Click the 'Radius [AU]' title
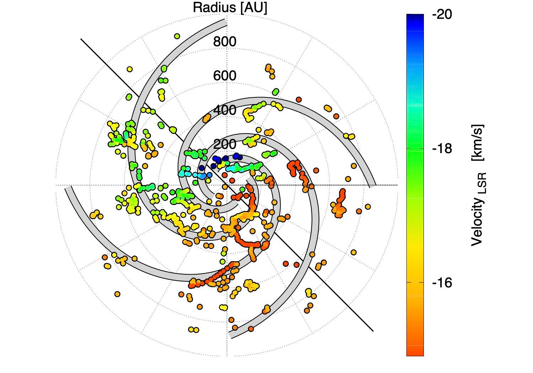pyautogui.click(x=230, y=8)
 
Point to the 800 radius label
pyautogui.click(x=225, y=42)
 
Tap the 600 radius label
pyautogui.click(x=225, y=76)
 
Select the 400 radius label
pyautogui.click(x=225, y=110)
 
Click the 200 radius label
pyautogui.click(x=225, y=145)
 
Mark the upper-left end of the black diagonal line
pyautogui.click(x=81, y=39)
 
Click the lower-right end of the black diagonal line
pyautogui.click(x=373, y=331)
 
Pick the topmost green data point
pyautogui.click(x=177, y=36)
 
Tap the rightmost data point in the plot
pyautogui.click(x=367, y=206)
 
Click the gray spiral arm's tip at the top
pyautogui.click(x=225, y=22)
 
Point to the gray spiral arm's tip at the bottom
pyautogui.click(x=231, y=335)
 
